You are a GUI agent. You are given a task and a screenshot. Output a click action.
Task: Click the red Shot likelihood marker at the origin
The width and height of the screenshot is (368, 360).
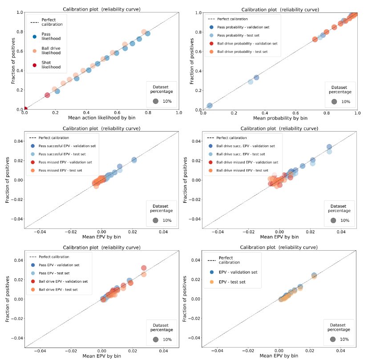click(25, 109)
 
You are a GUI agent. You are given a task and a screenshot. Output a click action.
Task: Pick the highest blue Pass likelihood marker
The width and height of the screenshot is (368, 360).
click(148, 34)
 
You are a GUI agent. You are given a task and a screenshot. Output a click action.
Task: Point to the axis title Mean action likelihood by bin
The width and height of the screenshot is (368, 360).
click(101, 118)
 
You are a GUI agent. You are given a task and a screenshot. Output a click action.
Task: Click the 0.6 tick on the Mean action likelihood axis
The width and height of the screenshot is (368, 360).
click(117, 113)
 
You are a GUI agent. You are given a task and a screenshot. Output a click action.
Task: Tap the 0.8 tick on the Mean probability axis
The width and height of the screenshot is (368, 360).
click(326, 113)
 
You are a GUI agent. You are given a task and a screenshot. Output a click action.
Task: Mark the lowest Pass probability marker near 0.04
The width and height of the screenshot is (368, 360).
click(209, 106)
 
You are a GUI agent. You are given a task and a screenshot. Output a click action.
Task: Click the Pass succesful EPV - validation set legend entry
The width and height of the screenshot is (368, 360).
click(67, 146)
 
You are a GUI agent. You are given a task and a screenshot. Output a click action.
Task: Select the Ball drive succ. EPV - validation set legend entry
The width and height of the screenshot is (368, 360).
click(246, 146)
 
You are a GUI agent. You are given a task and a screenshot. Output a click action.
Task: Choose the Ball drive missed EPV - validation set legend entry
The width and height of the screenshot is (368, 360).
click(247, 162)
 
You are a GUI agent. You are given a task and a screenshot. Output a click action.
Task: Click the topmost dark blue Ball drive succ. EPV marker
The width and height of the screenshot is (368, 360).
click(329, 147)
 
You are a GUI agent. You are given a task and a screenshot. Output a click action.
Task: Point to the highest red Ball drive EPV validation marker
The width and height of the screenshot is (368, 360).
click(144, 268)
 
